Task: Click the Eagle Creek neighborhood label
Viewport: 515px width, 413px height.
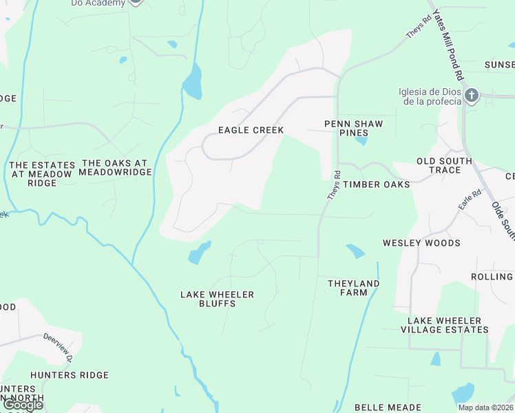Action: [x=251, y=130]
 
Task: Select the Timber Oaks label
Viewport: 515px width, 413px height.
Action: [x=377, y=184]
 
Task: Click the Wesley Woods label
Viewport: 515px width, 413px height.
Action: [x=421, y=243]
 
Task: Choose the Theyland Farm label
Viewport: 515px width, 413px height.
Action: [x=353, y=288]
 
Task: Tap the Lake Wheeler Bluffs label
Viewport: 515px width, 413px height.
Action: [x=217, y=299]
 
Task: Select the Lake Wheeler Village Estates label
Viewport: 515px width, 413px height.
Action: [x=448, y=325]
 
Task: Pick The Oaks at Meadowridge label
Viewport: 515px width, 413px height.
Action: [x=116, y=167]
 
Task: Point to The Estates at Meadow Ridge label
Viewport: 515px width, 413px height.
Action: [x=41, y=174]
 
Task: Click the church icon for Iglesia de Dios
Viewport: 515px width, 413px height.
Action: [x=471, y=96]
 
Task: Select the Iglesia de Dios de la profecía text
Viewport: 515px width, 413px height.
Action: [x=429, y=97]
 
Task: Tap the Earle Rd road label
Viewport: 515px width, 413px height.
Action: [x=470, y=201]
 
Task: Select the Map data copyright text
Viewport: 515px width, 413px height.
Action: [x=485, y=407]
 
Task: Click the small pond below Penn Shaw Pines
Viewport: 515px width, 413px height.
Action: [x=360, y=142]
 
